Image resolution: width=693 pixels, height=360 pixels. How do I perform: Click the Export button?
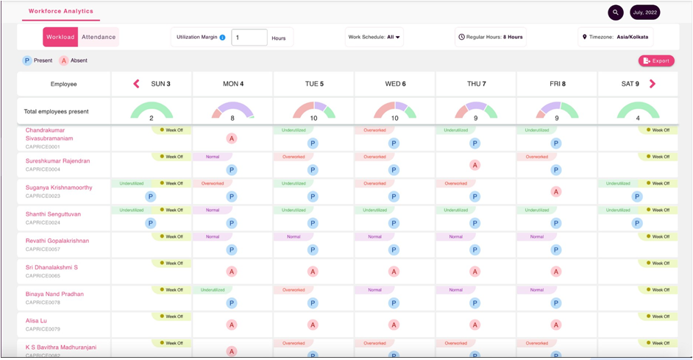pyautogui.click(x=656, y=61)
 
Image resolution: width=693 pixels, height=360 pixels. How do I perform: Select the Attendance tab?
pyautogui.click(x=99, y=37)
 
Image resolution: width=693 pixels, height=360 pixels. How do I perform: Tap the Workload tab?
pyautogui.click(x=60, y=37)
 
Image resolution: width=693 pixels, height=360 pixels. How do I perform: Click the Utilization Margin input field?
pyautogui.click(x=249, y=38)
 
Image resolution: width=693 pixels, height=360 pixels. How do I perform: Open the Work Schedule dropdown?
pyautogui.click(x=374, y=37)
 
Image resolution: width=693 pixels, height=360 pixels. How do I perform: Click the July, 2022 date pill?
pyautogui.click(x=645, y=13)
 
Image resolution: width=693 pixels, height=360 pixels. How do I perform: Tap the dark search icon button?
pyautogui.click(x=616, y=13)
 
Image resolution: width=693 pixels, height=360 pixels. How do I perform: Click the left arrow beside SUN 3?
pyautogui.click(x=136, y=84)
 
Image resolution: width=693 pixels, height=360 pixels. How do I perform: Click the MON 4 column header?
pyautogui.click(x=232, y=84)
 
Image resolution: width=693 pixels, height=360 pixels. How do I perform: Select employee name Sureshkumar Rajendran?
pyautogui.click(x=58, y=161)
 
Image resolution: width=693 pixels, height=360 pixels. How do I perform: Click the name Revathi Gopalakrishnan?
pyautogui.click(x=57, y=241)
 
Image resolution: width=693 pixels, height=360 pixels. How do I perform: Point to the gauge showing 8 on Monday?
pyautogui.click(x=232, y=112)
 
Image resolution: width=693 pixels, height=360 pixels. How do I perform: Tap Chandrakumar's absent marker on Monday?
pyautogui.click(x=232, y=138)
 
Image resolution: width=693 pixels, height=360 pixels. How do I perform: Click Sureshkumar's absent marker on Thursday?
pyautogui.click(x=475, y=165)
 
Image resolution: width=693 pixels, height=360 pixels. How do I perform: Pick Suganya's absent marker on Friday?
pyautogui.click(x=555, y=191)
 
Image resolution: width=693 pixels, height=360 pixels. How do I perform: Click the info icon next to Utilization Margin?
pyautogui.click(x=223, y=38)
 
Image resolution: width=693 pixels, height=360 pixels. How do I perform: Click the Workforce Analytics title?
pyautogui.click(x=61, y=11)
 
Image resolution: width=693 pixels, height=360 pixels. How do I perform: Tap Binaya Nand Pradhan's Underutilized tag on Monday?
pyautogui.click(x=213, y=290)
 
